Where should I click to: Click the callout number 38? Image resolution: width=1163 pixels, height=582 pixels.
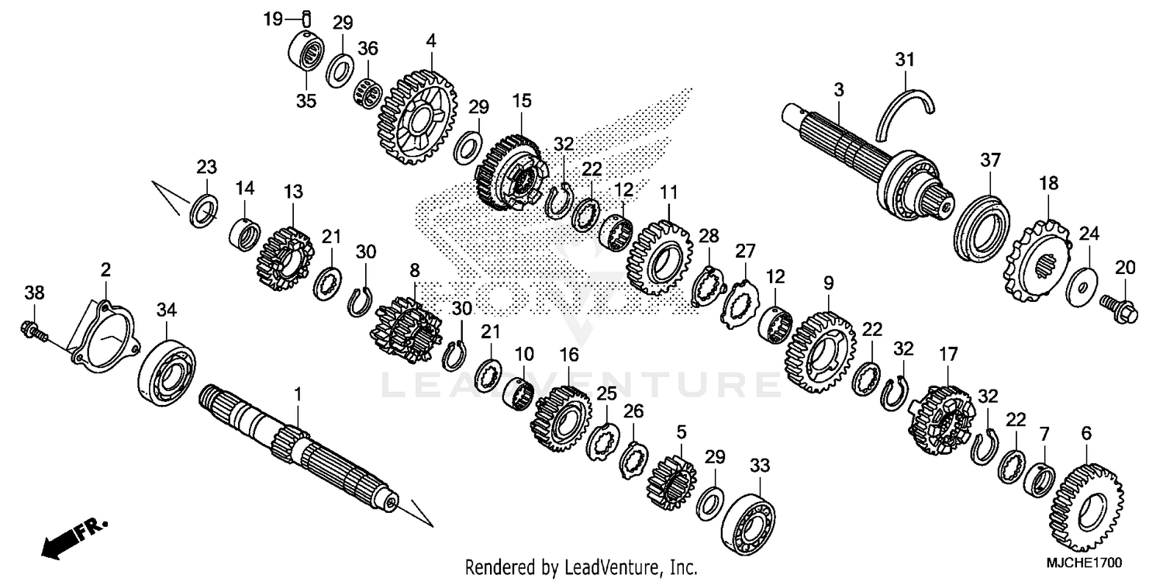(34, 293)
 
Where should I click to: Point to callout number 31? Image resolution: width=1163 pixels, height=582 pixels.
(906, 60)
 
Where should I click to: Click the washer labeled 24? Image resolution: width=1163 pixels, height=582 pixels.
(1081, 282)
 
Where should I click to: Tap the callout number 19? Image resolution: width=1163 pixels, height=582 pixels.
(271, 19)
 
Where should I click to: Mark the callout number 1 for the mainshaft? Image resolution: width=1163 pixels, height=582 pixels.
(298, 396)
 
